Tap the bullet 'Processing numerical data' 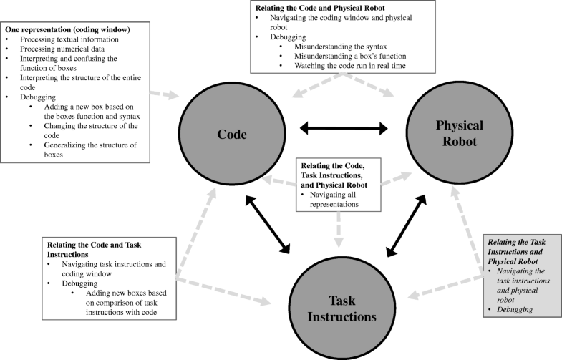click(x=60, y=49)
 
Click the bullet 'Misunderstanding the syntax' click(x=328, y=47)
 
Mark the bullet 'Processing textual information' click(x=66, y=39)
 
